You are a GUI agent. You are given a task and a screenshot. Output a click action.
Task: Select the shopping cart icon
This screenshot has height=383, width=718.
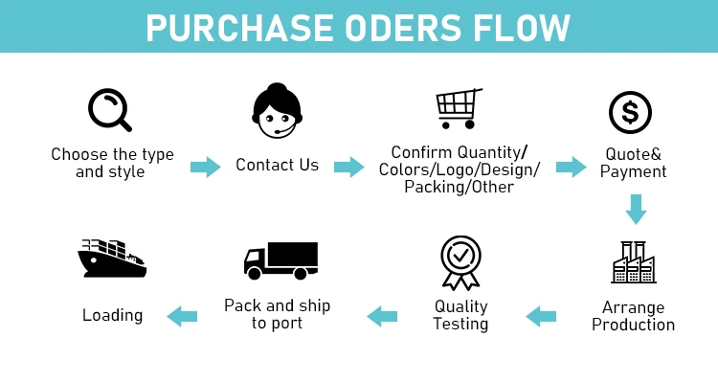point(458,109)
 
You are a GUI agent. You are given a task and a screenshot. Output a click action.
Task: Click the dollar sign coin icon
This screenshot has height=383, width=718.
point(632,111)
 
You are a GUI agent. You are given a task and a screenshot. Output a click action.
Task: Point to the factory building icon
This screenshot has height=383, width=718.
point(633,261)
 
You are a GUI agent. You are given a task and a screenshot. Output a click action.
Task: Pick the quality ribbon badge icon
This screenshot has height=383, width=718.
point(460,261)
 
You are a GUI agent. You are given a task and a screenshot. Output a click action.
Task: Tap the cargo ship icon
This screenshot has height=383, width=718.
point(112,259)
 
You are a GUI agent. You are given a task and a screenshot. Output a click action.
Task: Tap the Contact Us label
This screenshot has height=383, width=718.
point(277,165)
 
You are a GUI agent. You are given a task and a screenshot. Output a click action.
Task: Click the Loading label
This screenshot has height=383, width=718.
point(112,315)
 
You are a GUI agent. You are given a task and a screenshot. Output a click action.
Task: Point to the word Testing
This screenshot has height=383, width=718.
point(460,324)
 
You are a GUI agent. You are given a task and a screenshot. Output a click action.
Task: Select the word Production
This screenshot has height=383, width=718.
point(633,325)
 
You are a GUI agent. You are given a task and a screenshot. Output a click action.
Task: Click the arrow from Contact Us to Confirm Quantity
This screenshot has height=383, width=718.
point(349,167)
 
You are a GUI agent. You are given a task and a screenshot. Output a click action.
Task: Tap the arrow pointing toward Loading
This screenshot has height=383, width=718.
point(182,315)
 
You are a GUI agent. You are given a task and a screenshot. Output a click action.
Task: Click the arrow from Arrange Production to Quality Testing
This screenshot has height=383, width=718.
point(541,315)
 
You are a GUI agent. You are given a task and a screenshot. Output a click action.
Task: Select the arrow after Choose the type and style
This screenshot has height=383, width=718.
point(206,167)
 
